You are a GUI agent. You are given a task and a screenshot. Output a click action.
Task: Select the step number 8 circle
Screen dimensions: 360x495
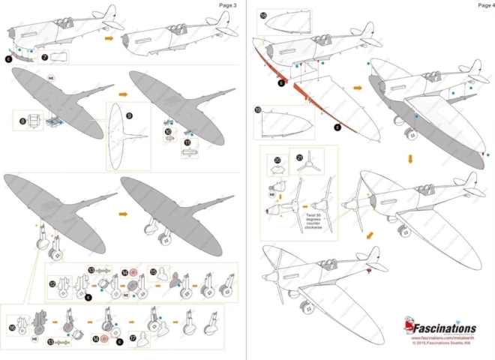click(x=23, y=120)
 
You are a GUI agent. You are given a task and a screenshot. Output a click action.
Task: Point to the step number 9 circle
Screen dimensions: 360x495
click(x=129, y=115)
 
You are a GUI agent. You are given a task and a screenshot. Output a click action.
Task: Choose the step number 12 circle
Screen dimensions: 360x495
click(x=52, y=284)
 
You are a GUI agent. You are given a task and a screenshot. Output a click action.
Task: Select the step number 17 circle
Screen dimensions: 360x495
click(x=133, y=339)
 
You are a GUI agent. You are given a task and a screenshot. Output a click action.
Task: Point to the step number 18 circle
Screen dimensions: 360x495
click(x=263, y=15)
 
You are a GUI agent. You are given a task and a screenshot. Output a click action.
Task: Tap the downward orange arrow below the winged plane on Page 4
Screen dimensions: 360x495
click(x=410, y=159)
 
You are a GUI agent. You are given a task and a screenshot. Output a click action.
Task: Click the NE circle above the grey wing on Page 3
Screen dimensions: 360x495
click(x=51, y=77)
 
